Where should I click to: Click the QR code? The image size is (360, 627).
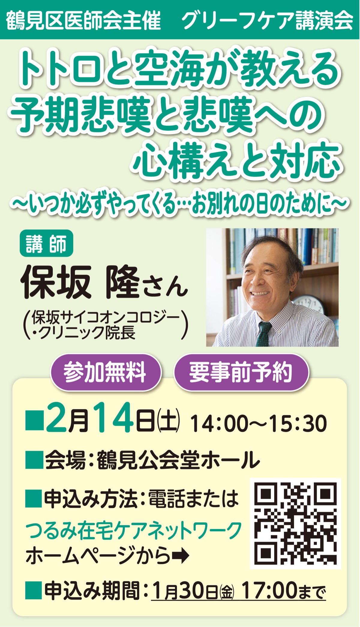point(295,523)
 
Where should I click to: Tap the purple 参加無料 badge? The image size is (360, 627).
point(105,372)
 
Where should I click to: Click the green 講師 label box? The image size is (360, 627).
point(46,243)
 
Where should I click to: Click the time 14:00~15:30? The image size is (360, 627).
point(258,424)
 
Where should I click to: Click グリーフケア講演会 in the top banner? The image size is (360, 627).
point(267,20)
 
